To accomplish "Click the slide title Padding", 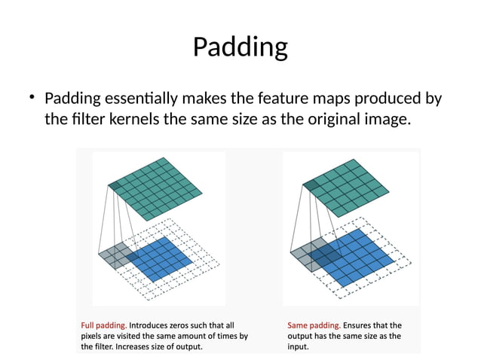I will [240, 47].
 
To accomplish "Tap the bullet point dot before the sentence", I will [32, 98].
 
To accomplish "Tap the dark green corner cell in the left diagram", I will [115, 185].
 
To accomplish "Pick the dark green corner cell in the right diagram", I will [309, 185].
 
